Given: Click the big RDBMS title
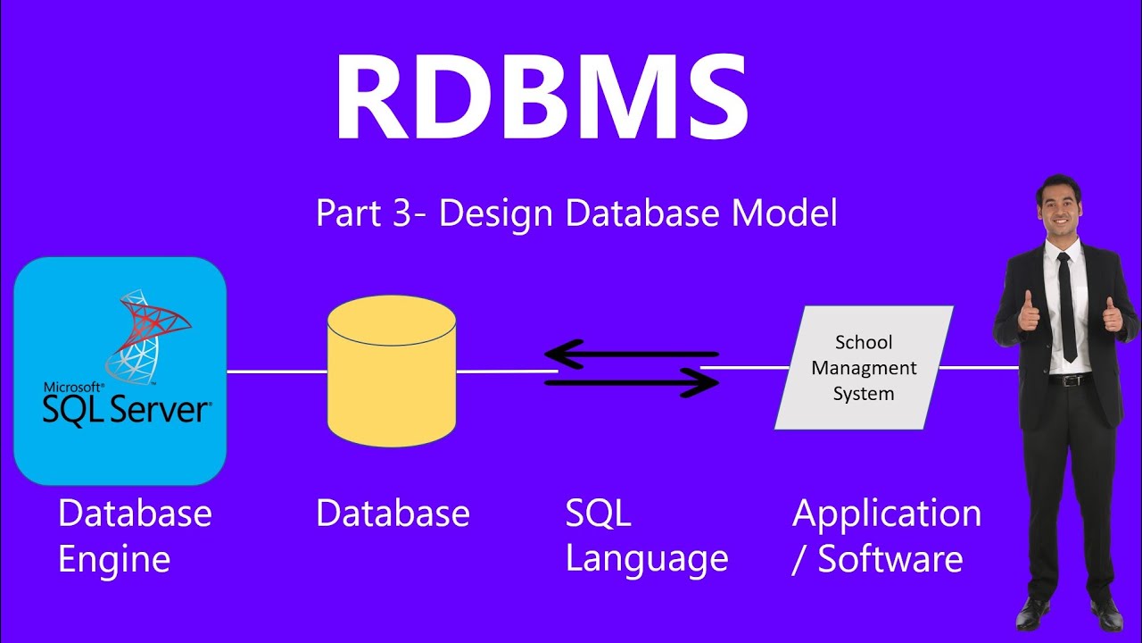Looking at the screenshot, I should pos(541,98).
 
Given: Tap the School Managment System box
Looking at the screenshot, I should pos(864,367).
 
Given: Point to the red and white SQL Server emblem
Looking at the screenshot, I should pos(147,335).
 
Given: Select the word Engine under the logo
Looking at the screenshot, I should pos(113,560).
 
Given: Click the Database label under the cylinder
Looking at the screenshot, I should pos(393,514).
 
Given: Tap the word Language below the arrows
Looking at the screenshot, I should pos(647,560).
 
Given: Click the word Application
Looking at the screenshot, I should pos(886,514).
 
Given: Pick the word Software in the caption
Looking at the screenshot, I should pos(890,560).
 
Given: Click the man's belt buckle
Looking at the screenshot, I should pos(1071,380).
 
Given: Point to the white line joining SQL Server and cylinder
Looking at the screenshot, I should pos(277,372).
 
